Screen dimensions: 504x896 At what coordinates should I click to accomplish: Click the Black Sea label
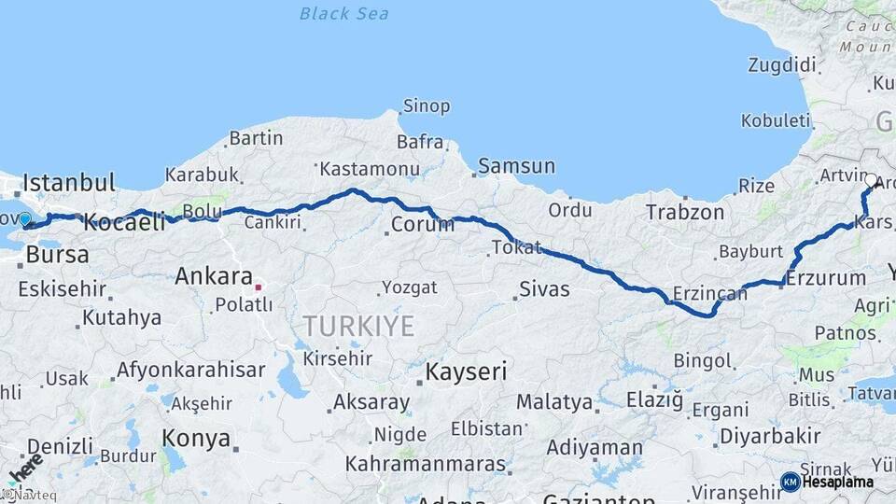[344, 14]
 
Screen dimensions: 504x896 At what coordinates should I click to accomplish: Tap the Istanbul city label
[69, 182]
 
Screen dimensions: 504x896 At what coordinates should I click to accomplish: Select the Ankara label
[214, 276]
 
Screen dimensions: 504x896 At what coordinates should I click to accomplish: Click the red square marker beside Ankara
[259, 287]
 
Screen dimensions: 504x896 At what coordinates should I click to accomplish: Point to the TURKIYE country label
[357, 326]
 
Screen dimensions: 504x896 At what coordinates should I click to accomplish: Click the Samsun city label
[516, 167]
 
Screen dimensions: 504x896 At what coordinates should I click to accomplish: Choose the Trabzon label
[685, 213]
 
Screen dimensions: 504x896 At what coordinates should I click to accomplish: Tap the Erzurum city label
[826, 278]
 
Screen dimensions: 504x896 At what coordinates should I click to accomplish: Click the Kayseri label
[466, 371]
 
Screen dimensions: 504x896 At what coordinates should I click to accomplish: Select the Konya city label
[196, 438]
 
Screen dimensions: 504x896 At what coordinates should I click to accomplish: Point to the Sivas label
[543, 289]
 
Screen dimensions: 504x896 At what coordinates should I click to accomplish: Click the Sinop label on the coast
[426, 106]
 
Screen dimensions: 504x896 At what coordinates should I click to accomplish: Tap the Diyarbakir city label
[770, 436]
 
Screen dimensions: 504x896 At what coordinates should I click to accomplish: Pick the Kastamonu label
[370, 170]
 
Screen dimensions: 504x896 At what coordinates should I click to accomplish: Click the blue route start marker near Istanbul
[24, 220]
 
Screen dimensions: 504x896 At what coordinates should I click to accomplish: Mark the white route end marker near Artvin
[871, 180]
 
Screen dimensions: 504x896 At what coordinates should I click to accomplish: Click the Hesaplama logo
[827, 482]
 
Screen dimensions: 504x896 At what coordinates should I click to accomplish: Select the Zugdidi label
[782, 65]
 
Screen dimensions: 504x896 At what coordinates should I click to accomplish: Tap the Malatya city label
[554, 402]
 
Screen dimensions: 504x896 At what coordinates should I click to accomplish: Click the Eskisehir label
[62, 288]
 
